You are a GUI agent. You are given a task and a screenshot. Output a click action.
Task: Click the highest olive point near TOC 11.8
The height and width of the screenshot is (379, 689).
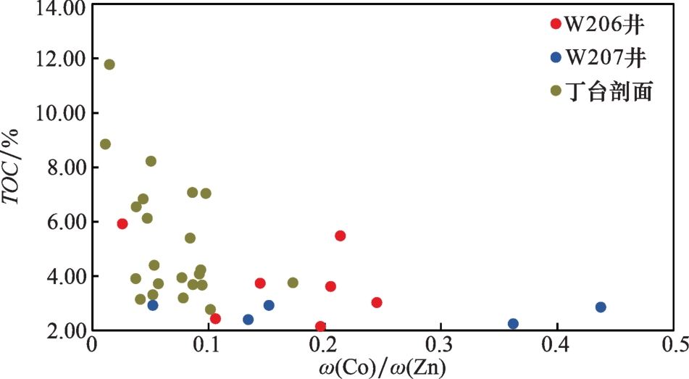(109, 64)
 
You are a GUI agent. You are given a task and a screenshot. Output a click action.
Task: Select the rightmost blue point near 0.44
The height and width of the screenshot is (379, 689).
(601, 307)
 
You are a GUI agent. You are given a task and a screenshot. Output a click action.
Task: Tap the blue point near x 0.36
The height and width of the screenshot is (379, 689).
(513, 324)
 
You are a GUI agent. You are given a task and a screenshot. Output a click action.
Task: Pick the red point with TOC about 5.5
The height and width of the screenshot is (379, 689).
(340, 236)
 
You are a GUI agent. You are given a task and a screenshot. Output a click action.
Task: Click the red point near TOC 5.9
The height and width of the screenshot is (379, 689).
(122, 224)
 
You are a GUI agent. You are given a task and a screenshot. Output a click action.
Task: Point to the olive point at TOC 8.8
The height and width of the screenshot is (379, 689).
(105, 144)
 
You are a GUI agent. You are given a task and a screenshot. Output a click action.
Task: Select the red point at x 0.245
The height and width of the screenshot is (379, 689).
(377, 302)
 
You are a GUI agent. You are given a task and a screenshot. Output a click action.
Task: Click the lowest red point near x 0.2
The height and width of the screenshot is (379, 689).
(321, 327)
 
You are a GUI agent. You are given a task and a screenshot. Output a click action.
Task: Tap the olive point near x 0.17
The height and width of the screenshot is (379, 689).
(293, 283)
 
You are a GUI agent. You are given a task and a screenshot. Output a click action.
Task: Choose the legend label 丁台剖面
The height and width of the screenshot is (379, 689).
(610, 91)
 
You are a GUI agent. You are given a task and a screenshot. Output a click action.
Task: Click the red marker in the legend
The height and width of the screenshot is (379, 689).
(556, 24)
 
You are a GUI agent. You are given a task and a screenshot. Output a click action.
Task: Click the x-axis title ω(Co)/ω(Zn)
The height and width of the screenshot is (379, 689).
(383, 367)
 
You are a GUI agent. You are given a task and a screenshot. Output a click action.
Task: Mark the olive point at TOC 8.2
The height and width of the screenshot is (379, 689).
(151, 161)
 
